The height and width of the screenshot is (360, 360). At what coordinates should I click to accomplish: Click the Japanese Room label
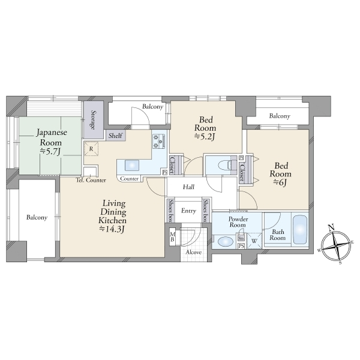(52, 137)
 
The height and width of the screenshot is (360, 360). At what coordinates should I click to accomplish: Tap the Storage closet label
(93, 120)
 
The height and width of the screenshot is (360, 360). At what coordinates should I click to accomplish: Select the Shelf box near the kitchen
(116, 136)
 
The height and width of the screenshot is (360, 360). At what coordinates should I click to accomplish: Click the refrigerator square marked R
(91, 149)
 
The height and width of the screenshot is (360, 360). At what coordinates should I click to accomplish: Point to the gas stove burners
(159, 141)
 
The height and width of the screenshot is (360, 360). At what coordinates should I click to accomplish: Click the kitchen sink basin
(132, 166)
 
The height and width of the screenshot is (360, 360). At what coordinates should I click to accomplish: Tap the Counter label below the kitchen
(129, 179)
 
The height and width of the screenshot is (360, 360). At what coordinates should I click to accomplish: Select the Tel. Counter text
(91, 180)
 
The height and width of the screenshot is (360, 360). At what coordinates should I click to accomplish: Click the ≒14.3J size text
(112, 229)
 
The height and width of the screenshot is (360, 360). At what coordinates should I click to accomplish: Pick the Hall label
(188, 187)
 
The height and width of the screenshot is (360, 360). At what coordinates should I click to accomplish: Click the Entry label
(188, 211)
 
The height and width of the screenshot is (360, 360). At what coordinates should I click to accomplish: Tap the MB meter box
(173, 237)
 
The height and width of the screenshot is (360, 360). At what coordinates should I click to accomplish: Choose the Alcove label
(194, 253)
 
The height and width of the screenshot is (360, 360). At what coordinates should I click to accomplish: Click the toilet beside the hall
(225, 166)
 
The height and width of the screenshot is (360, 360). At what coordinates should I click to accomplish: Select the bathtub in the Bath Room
(300, 230)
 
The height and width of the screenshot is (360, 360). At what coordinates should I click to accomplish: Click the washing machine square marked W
(254, 241)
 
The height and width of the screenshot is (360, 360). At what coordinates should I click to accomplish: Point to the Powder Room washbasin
(225, 242)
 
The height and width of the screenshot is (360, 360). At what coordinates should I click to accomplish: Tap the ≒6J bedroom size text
(280, 183)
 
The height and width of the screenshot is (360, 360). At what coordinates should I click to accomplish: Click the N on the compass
(331, 228)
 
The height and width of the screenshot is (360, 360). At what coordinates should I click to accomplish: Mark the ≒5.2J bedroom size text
(205, 137)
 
